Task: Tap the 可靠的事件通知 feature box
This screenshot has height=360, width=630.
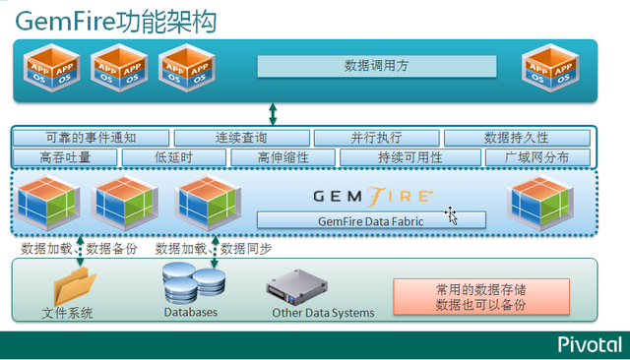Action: coord(91,138)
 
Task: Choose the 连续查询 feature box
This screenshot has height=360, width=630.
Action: coord(240,138)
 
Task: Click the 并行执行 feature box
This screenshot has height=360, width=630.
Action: coord(376,138)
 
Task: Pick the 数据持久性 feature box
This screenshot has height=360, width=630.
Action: coord(517,138)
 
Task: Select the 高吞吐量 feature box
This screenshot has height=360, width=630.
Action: coord(65,157)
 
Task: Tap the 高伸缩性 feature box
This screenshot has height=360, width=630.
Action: coord(283,157)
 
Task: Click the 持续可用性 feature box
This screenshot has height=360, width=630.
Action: coord(409,157)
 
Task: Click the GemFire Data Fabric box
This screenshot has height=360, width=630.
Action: coord(371,221)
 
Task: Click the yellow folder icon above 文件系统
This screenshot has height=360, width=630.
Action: coord(75,286)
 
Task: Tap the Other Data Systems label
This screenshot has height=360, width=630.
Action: coord(323,313)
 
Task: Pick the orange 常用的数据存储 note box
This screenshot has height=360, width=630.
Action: coord(481,298)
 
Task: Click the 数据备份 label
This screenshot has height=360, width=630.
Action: coord(112,248)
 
